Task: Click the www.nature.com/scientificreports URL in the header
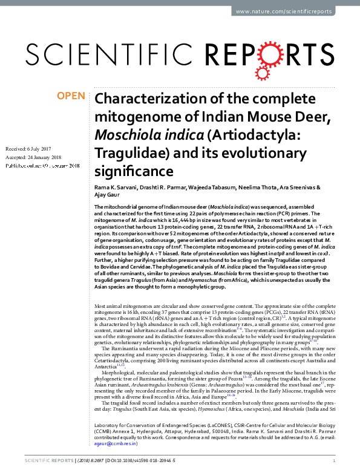coord(292,11)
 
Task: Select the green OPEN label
coord(71,96)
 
